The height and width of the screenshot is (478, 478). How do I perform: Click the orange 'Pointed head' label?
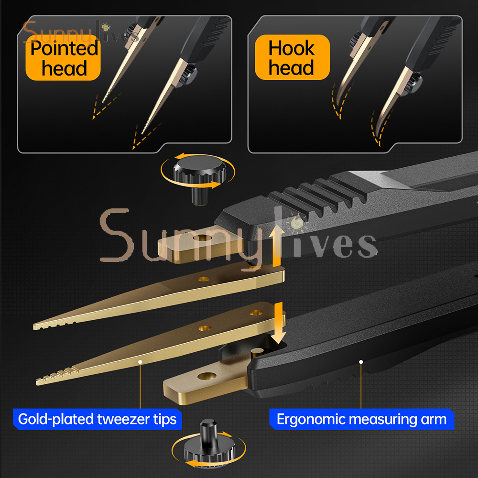click(63, 58)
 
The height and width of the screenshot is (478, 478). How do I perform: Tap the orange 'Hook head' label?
click(292, 57)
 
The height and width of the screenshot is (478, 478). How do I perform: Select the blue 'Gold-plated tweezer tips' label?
click(97, 419)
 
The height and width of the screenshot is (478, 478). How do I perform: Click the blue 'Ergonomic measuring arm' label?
click(361, 419)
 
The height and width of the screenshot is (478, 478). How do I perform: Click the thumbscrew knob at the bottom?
click(209, 444)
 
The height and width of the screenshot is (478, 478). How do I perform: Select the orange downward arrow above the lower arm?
click(278, 323)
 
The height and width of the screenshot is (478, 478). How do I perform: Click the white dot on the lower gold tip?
click(140, 362)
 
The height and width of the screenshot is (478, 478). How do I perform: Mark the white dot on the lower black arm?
click(361, 362)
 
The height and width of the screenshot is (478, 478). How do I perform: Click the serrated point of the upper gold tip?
click(34, 327)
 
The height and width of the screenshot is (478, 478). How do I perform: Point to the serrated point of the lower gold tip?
click(38, 381)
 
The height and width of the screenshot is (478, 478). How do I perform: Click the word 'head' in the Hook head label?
click(291, 68)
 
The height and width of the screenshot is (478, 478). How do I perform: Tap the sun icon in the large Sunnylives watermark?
click(296, 222)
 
